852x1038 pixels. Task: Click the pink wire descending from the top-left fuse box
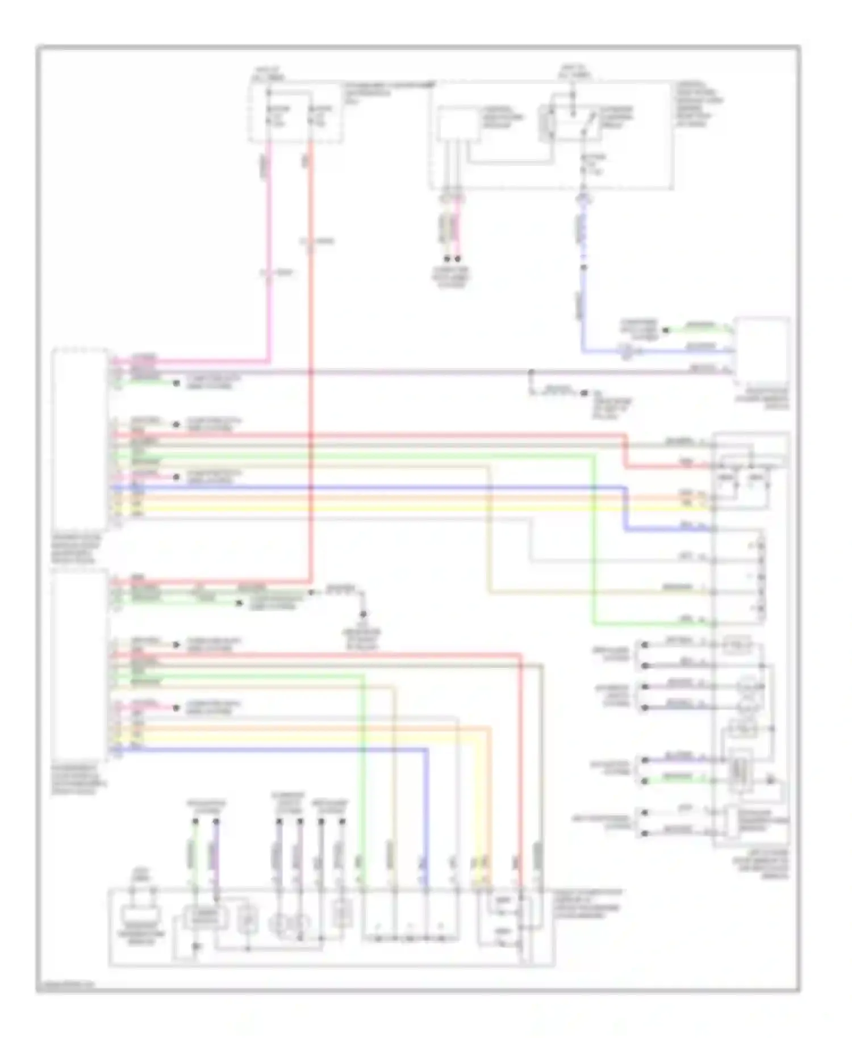(x=268, y=256)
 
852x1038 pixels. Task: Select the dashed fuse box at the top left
(x=295, y=112)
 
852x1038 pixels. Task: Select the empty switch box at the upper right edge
(x=762, y=350)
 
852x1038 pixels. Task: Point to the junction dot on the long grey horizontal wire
(x=531, y=373)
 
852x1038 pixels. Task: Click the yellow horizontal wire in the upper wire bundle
(x=398, y=505)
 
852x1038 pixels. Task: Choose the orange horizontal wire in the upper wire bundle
(x=398, y=497)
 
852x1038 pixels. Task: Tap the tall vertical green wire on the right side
(x=595, y=539)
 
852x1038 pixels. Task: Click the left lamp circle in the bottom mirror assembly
(x=279, y=924)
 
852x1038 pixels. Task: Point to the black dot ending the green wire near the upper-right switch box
(x=666, y=330)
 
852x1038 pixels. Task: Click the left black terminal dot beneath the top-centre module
(x=448, y=259)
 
